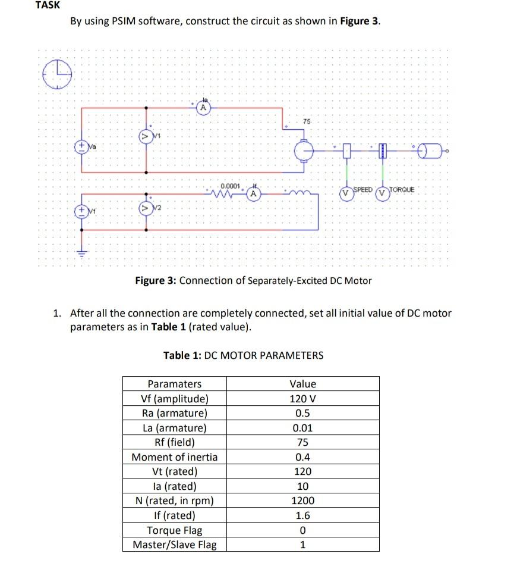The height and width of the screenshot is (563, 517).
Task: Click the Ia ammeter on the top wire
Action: (x=203, y=108)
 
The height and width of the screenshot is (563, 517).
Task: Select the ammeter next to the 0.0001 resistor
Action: (x=253, y=193)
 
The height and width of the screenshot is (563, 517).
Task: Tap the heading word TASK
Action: (x=48, y=5)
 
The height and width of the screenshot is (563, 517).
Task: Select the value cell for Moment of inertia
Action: (x=302, y=457)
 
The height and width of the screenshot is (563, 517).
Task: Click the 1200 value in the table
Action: (x=302, y=501)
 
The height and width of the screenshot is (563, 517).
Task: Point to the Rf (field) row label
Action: (x=174, y=443)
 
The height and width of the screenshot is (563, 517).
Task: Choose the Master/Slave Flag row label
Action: (x=174, y=545)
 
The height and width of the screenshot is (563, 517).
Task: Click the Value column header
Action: (x=302, y=384)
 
